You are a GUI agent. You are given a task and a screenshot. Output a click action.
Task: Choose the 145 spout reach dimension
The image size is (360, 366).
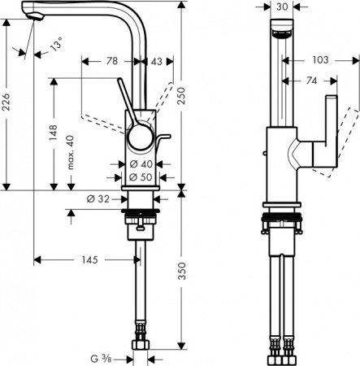[90, 260]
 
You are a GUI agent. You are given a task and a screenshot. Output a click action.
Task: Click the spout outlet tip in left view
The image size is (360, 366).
[34, 17]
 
